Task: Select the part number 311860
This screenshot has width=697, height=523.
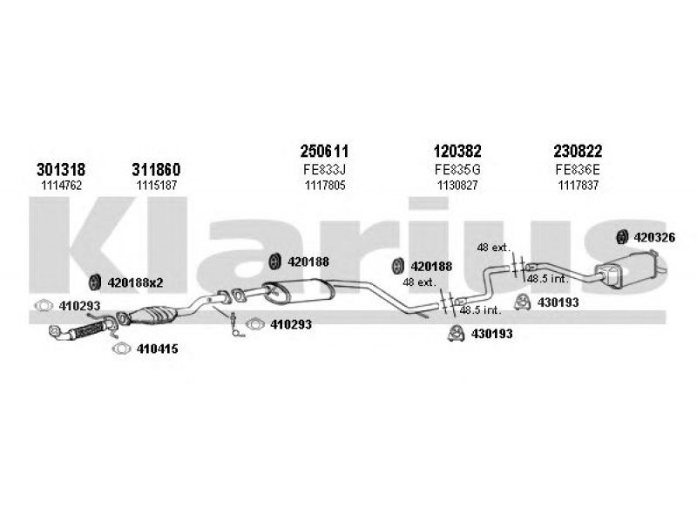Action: click(x=157, y=168)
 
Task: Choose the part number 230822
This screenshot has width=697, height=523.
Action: click(x=577, y=152)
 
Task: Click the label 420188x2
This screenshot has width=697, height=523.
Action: click(x=134, y=282)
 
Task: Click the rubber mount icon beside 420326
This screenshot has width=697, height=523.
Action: click(x=623, y=235)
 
